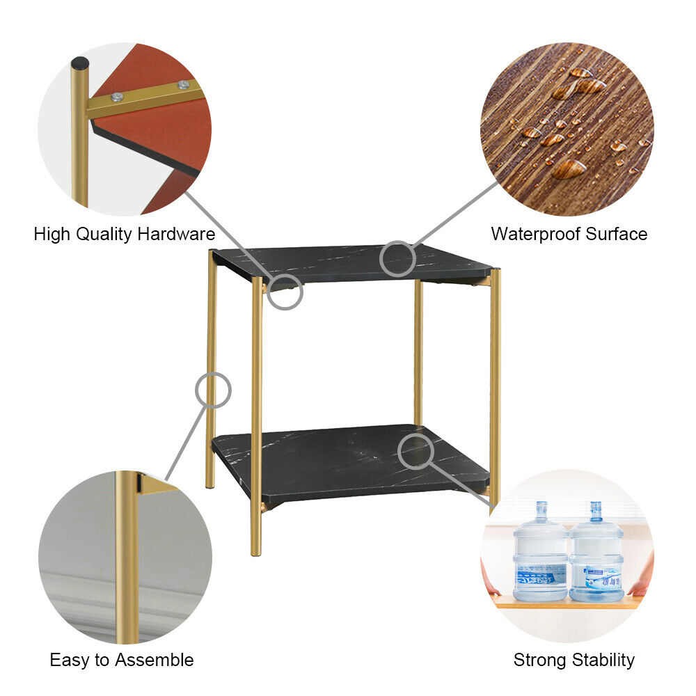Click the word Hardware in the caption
pyautogui.click(x=176, y=234)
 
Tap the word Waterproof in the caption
pyautogui.click(x=536, y=234)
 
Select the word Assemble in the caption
pyautogui.click(x=155, y=660)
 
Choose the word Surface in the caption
pyautogui.click(x=617, y=234)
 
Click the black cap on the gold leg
pyautogui.click(x=80, y=63)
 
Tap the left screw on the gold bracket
pyautogui.click(x=117, y=97)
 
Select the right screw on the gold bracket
pyautogui.click(x=183, y=85)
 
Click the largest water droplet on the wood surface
pyautogui.click(x=569, y=168)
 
